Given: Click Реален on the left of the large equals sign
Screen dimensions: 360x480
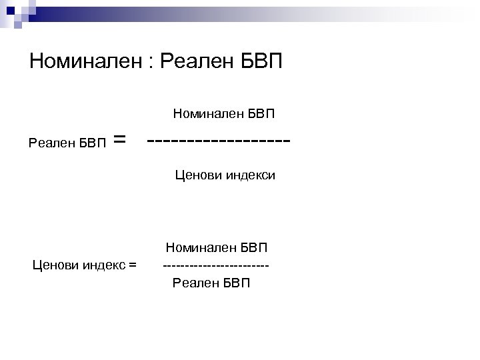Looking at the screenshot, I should click(51, 142).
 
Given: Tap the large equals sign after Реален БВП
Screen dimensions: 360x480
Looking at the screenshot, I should click(119, 139).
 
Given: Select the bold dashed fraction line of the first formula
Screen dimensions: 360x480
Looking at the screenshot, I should click(219, 141).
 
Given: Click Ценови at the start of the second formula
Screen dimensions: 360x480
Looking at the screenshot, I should click(56, 265).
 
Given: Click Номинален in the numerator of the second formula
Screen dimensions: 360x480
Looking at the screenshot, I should click(198, 248).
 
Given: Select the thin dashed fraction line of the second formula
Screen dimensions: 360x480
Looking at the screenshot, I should click(216, 266).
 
